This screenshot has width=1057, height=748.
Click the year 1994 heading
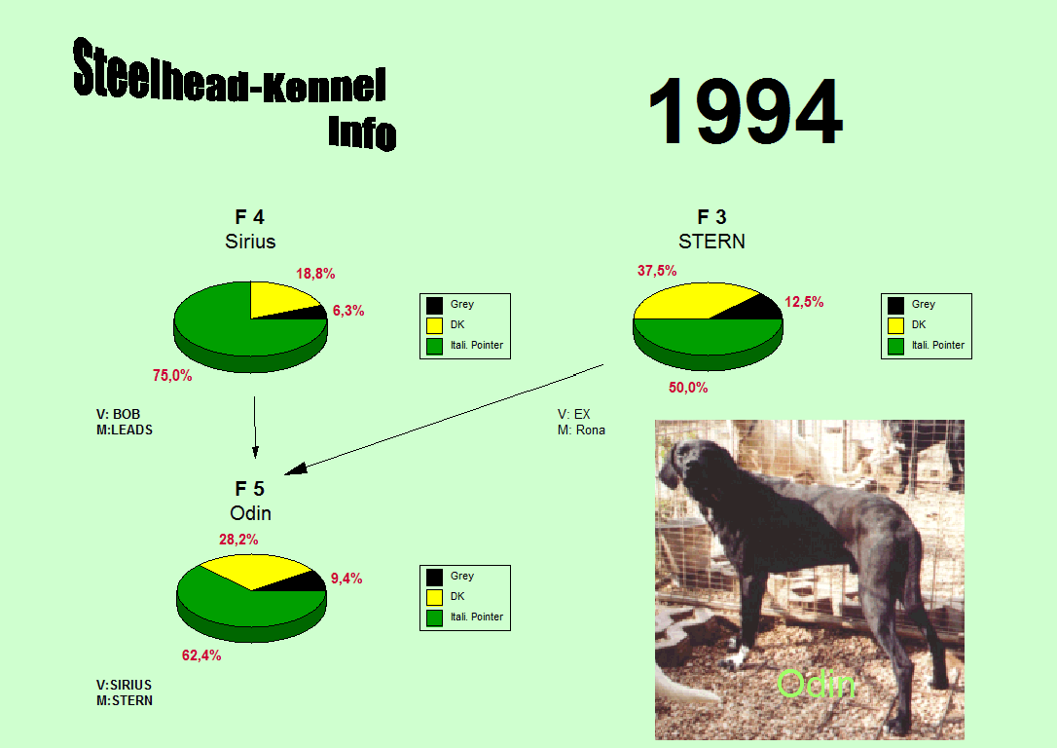[745, 111]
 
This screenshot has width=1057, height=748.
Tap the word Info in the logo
[362, 132]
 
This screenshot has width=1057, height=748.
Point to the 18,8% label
[315, 274]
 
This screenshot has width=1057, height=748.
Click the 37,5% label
[657, 271]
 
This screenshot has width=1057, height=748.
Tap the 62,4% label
[201, 655]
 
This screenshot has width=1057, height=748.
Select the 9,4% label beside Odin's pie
[346, 579]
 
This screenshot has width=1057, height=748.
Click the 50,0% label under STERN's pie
[688, 388]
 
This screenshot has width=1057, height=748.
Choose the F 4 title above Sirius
[249, 217]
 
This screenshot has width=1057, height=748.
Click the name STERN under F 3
[711, 242]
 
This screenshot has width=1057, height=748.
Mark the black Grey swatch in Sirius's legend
[435, 306]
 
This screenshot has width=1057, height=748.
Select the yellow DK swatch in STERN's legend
[895, 325]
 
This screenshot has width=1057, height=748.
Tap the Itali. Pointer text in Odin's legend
[477, 617]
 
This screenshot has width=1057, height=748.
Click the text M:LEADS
[125, 430]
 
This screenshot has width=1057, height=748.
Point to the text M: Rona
[581, 430]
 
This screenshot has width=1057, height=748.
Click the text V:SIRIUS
[124, 686]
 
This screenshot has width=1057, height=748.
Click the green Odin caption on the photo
[816, 684]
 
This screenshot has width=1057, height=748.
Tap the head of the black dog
[682, 462]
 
